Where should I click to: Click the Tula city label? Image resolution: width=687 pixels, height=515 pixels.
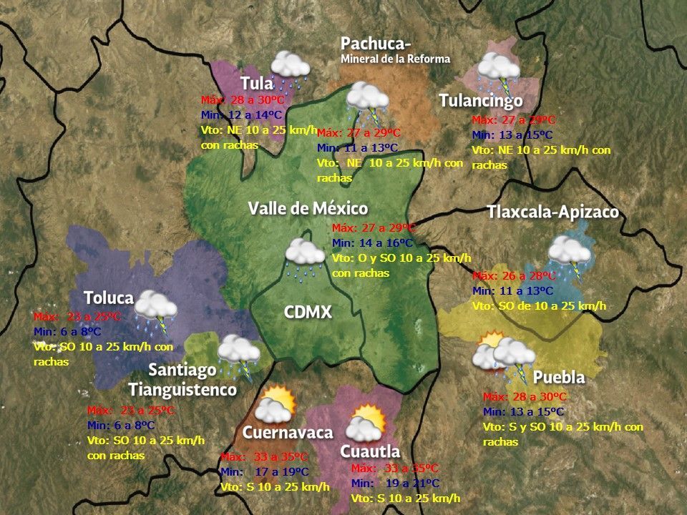[x=257, y=83]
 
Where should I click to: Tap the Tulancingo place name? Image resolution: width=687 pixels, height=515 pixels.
[x=481, y=101]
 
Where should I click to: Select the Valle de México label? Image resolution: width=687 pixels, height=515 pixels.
[x=308, y=209]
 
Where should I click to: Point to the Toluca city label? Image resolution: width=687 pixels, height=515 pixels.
[x=109, y=298]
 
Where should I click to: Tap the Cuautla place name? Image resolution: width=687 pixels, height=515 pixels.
[x=369, y=452]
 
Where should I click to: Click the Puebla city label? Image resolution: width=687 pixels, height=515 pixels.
[x=559, y=377]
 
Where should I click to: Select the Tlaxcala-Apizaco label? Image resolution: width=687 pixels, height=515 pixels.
[x=552, y=213]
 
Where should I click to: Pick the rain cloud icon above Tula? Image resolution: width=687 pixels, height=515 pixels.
[x=290, y=66]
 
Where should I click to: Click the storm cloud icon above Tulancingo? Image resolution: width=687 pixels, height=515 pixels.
[x=499, y=69]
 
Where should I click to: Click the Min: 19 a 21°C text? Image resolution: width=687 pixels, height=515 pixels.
[x=395, y=484]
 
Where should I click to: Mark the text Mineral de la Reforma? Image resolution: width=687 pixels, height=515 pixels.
[x=395, y=59]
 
